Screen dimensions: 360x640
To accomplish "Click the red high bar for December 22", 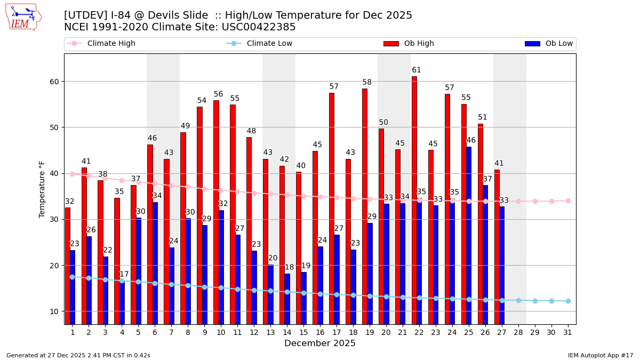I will click(414, 200).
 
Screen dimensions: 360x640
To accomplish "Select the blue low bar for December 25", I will click(469, 235).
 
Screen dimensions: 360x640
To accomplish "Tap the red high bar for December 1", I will click(68, 266).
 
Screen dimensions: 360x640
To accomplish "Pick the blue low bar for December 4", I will click(122, 301).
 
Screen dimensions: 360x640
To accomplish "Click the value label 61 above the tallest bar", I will click(417, 70).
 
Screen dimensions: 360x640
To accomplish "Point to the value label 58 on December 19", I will click(367, 83).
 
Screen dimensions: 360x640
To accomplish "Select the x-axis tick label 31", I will click(568, 332).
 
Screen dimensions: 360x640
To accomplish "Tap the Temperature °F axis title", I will click(43, 189).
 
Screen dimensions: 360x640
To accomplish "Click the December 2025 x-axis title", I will click(320, 343).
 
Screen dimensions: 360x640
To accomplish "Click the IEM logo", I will click(23, 17).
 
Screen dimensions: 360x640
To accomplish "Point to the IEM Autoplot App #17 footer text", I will click(601, 355).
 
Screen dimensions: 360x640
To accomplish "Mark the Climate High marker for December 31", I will click(568, 201).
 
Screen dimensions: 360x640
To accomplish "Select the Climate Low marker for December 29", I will click(535, 301).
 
